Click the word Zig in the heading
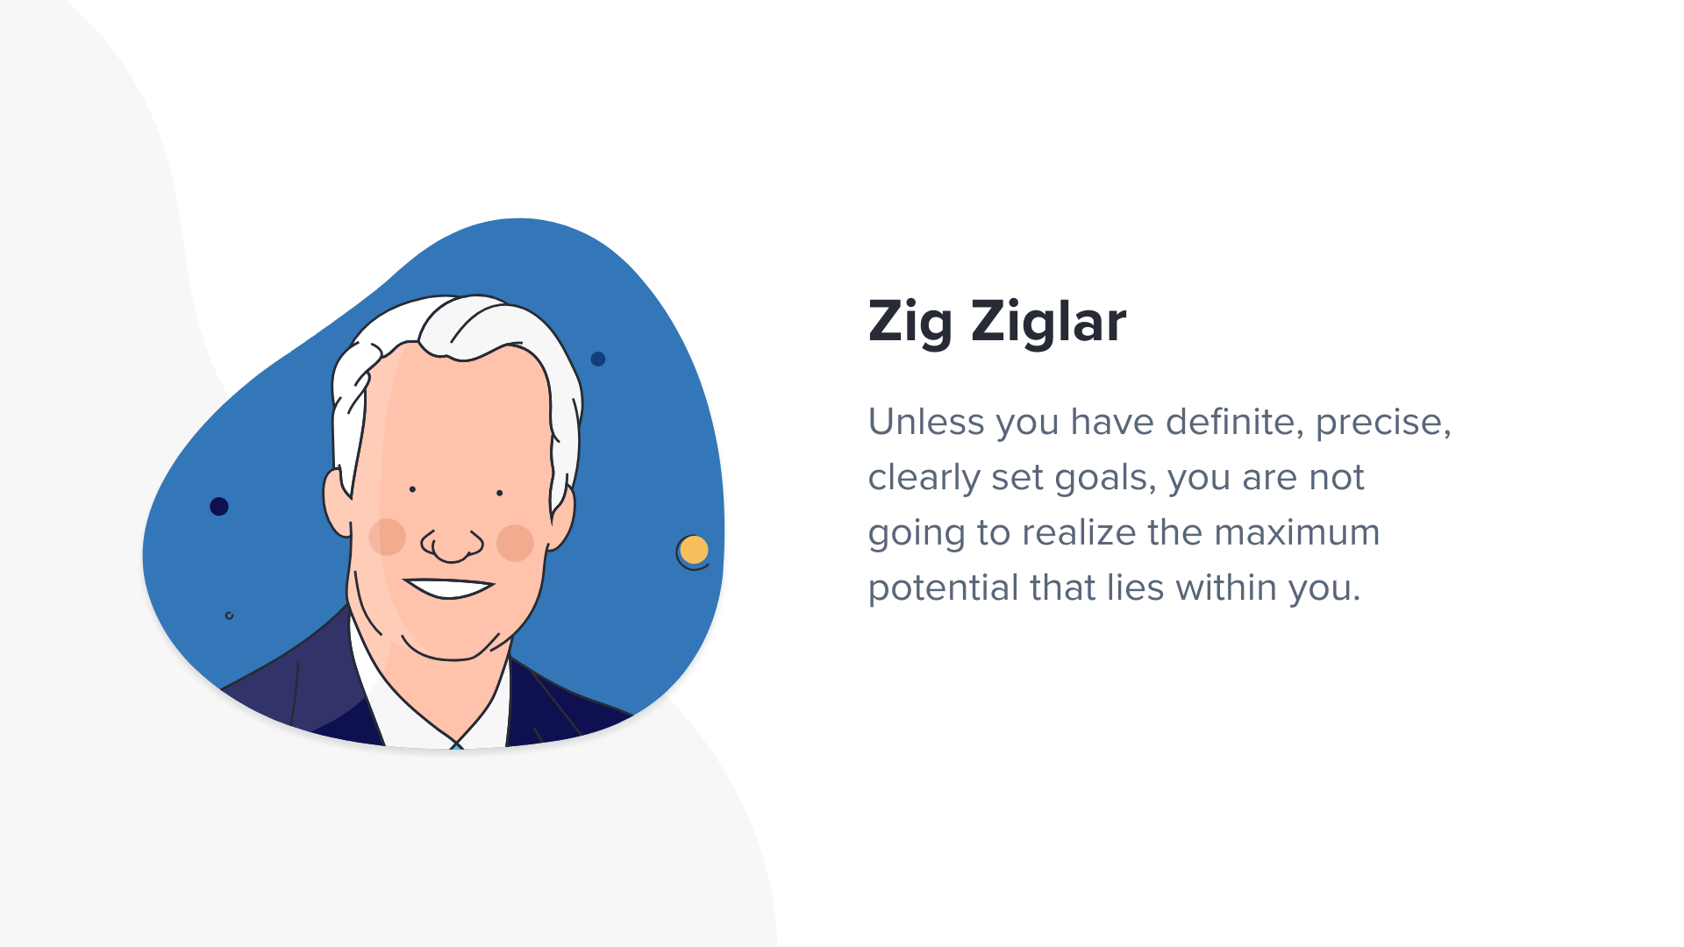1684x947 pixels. pos(910,322)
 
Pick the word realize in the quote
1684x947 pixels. pos(1079,532)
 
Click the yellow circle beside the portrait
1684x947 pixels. pos(694,550)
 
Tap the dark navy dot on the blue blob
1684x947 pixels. pos(219,506)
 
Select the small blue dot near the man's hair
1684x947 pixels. pos(598,359)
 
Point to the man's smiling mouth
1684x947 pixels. pos(449,587)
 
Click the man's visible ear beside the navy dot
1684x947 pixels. pos(337,502)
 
